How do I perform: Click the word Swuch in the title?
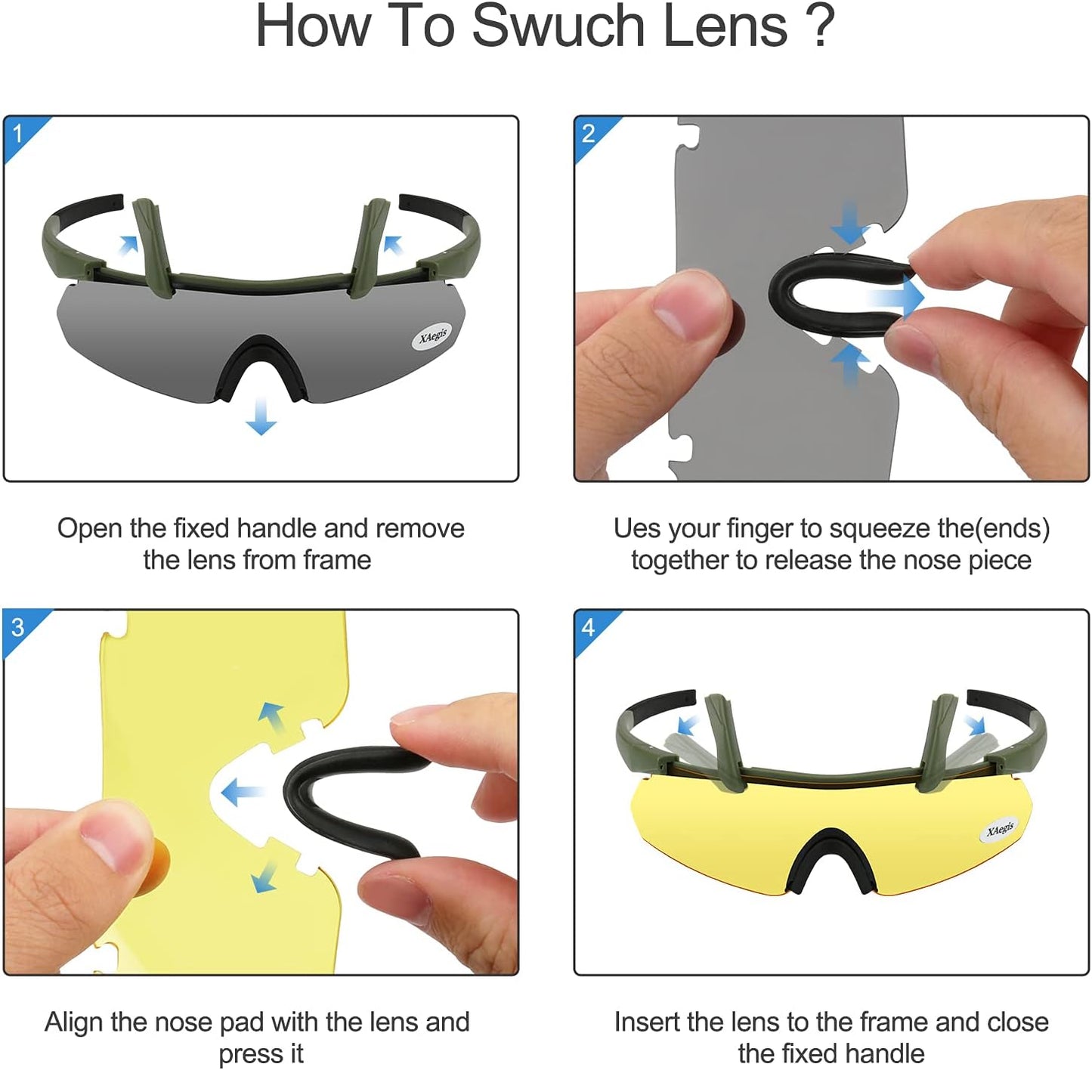tap(558, 26)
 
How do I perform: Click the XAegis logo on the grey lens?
tap(432, 336)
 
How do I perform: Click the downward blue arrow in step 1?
tap(261, 416)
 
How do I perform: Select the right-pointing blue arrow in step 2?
tap(895, 297)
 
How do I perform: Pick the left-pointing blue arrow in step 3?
tap(243, 792)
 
